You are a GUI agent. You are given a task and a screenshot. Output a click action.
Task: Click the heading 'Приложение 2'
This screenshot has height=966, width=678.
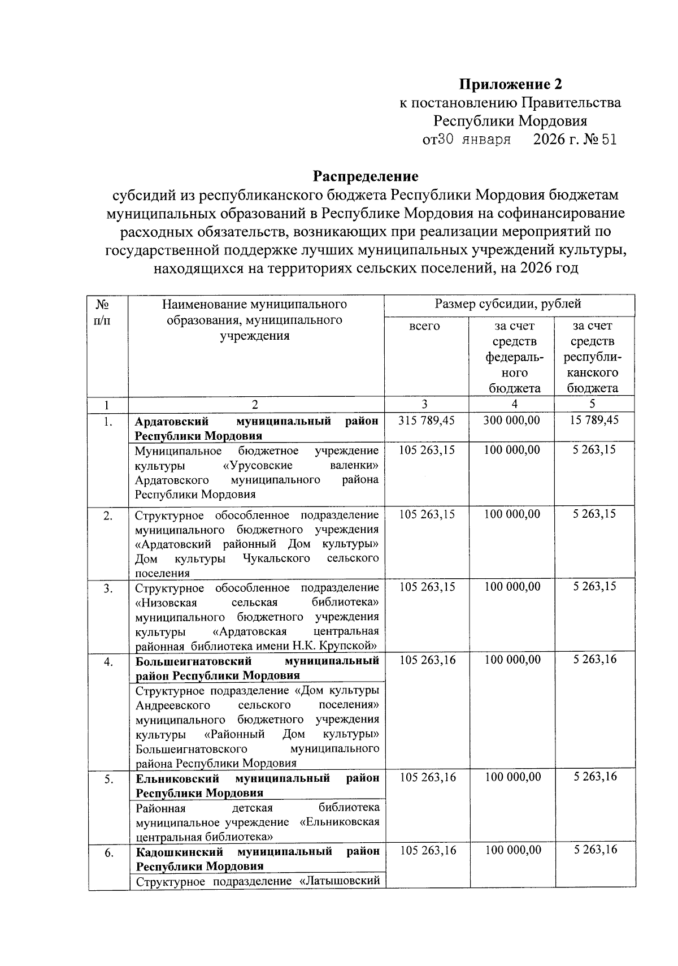point(511,85)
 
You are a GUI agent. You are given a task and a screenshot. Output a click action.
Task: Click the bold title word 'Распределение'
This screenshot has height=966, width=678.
point(366,176)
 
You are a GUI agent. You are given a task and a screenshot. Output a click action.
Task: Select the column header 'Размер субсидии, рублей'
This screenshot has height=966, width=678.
point(508,304)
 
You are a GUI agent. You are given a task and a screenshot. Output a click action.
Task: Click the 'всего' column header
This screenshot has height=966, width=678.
point(425,326)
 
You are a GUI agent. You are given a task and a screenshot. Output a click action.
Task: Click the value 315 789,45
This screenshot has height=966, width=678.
point(427,421)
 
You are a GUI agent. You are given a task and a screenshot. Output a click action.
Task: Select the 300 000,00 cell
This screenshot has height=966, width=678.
point(512,421)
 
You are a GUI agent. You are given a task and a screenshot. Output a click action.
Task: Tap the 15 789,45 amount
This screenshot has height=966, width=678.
point(596,421)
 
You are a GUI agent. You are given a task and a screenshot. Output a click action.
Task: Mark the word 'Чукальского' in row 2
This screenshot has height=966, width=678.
point(276,558)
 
